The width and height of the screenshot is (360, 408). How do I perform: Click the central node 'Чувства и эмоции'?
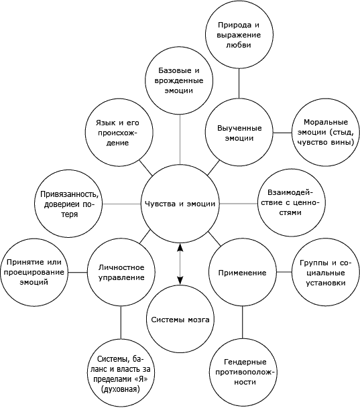click(x=180, y=204)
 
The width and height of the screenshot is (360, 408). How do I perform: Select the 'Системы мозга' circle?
click(x=180, y=319)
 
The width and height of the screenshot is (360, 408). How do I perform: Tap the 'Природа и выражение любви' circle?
click(x=239, y=34)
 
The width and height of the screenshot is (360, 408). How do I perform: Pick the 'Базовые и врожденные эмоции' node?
click(x=179, y=80)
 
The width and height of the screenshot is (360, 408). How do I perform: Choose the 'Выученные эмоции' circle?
click(x=239, y=132)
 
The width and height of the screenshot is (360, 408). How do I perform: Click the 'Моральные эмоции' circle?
click(x=326, y=132)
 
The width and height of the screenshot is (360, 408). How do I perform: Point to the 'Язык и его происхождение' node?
click(x=119, y=133)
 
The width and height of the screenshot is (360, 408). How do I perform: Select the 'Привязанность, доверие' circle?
click(x=68, y=204)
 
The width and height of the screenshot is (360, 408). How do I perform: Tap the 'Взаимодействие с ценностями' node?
click(x=292, y=203)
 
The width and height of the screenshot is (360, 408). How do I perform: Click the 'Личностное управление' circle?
click(x=121, y=272)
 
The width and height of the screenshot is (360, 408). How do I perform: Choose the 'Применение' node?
click(x=243, y=273)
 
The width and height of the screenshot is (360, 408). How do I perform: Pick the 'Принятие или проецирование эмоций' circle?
click(x=34, y=272)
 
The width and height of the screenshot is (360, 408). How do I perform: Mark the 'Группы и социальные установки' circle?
click(x=326, y=273)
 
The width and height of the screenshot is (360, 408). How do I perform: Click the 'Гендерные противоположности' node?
click(x=243, y=372)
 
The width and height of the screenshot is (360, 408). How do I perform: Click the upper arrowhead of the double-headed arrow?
click(x=180, y=247)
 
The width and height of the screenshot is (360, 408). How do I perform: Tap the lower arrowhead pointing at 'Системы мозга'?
click(x=180, y=281)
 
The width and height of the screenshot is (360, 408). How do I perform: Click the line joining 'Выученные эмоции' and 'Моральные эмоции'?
click(x=282, y=133)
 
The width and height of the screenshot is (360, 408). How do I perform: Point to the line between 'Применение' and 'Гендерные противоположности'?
click(x=243, y=322)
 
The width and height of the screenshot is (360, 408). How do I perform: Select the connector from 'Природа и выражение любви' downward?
click(x=239, y=83)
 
